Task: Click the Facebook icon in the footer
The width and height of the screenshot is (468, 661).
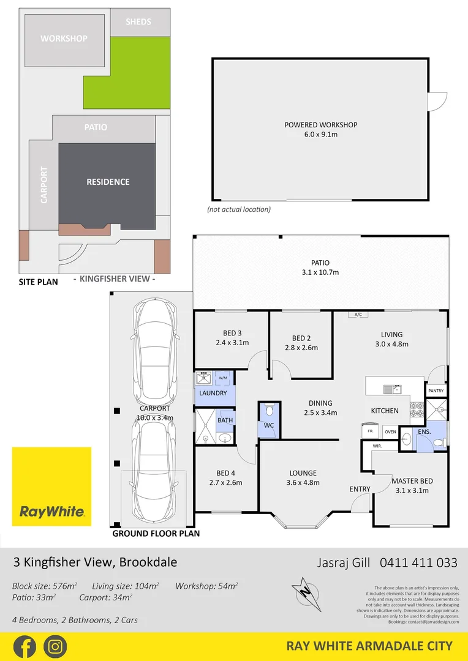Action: [x=24, y=646]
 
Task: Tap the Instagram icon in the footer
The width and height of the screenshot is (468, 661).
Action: [x=55, y=646]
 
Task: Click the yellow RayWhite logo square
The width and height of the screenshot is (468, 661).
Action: [x=51, y=487]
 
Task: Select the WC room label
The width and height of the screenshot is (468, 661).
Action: [x=269, y=425]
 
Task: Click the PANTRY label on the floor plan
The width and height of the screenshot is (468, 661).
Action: [x=436, y=390]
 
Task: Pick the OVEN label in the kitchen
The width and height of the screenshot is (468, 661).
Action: [x=390, y=431]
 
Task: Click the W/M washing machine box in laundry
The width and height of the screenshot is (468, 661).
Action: [x=222, y=376]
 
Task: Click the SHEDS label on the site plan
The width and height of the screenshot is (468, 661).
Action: [x=138, y=22]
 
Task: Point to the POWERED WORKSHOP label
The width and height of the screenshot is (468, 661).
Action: [x=320, y=125]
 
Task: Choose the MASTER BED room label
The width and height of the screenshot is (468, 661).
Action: [x=412, y=481]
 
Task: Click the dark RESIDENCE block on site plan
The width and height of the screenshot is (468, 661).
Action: [x=108, y=182]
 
